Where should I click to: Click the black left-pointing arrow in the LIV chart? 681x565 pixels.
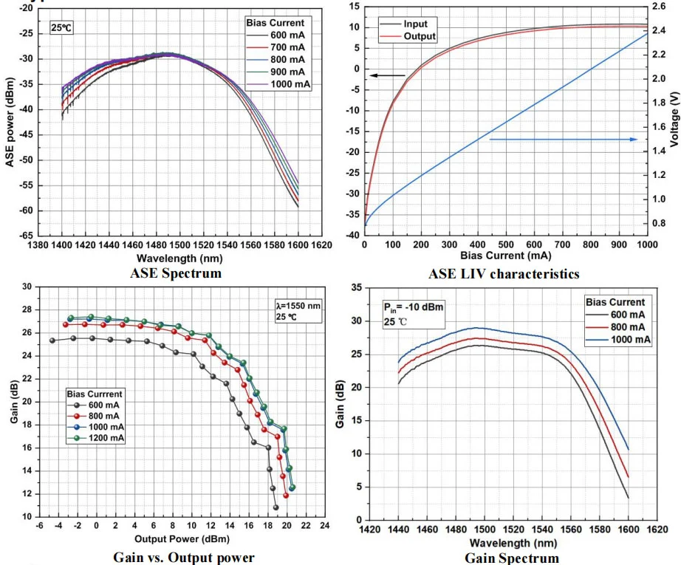click(x=382, y=75)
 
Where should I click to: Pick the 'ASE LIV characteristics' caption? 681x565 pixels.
click(x=504, y=274)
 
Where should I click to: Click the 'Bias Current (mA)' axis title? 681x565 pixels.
click(x=504, y=256)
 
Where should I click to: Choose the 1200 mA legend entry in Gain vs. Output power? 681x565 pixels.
click(x=104, y=439)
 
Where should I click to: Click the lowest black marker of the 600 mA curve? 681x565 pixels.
click(x=276, y=507)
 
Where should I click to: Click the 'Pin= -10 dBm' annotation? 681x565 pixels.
click(x=413, y=309)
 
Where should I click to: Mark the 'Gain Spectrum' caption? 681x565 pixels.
click(x=511, y=558)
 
